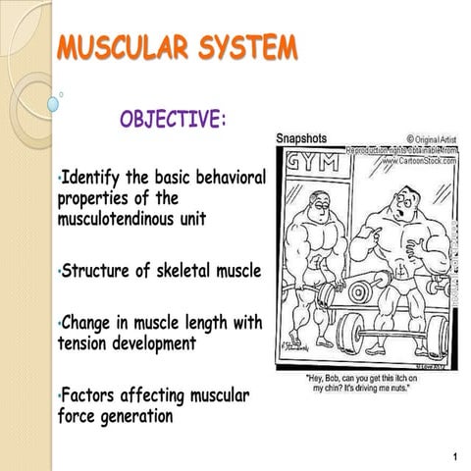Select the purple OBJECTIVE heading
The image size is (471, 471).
174,121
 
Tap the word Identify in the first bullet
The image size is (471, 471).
97,178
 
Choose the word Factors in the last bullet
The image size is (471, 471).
93,395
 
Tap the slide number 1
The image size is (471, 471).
456,458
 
